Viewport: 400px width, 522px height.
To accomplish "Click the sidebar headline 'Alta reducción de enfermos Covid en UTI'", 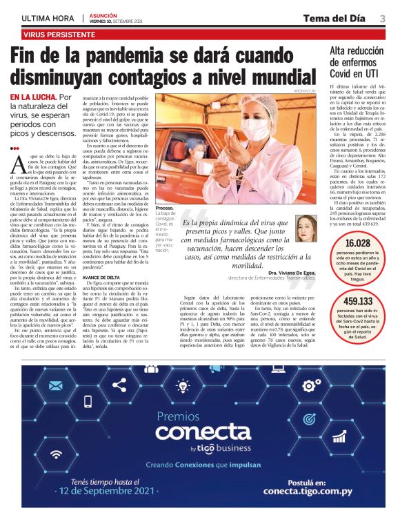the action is pyautogui.click(x=354, y=61).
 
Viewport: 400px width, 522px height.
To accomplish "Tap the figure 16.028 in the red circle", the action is pyautogui.click(x=358, y=243).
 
